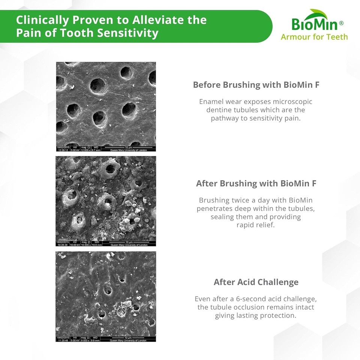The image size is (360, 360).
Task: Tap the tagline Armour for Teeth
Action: click(314, 37)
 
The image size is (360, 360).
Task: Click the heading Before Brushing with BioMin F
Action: click(256, 85)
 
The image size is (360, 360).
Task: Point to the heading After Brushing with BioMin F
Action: click(256, 184)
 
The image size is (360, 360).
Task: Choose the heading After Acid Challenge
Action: click(256, 282)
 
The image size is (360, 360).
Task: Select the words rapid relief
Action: click(256, 225)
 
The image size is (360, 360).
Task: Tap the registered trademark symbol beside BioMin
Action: click(341, 23)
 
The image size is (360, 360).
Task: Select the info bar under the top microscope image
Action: click(106, 148)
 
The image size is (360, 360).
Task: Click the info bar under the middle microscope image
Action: click(106, 243)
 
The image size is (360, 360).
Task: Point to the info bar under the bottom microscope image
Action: click(106, 339)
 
